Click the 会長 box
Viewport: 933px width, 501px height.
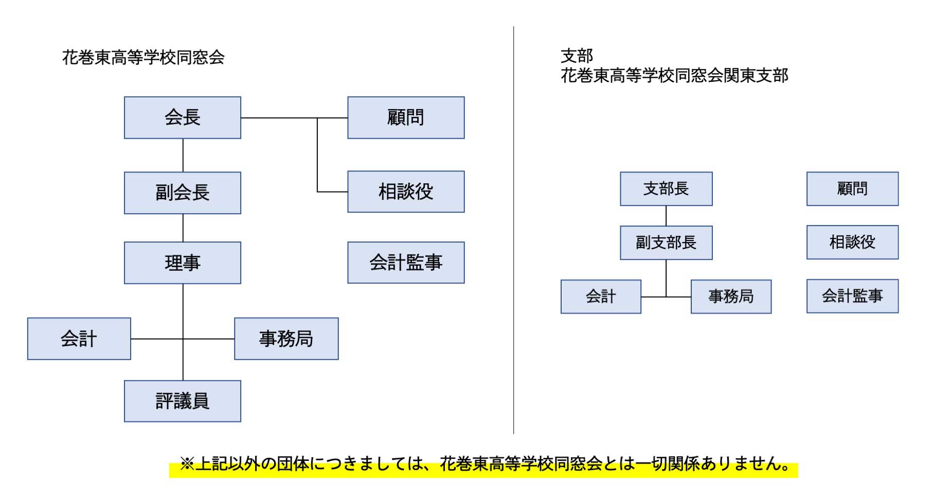183,117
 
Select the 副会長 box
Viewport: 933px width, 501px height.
183,193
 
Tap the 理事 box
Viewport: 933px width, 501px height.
183,263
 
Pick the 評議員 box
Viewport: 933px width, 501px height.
183,401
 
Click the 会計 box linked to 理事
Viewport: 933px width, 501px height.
79,338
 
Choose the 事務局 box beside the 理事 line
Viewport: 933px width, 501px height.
286,338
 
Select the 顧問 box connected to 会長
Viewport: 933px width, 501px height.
406,117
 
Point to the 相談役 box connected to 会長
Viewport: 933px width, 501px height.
406,192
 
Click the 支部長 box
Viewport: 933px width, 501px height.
666,188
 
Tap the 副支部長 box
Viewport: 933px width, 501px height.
666,243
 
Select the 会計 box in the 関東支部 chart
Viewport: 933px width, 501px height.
601,297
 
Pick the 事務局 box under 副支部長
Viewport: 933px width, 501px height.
731,297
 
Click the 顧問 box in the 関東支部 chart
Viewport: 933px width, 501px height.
852,188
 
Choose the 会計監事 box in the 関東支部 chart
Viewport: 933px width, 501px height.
852,296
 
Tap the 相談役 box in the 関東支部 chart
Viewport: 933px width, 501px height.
852,242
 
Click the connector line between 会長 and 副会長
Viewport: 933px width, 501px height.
183,156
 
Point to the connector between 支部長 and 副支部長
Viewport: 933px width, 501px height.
666,216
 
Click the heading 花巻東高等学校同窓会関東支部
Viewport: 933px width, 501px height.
674,76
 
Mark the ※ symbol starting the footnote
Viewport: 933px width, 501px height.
187,464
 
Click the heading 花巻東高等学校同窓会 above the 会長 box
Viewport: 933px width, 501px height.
143,57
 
